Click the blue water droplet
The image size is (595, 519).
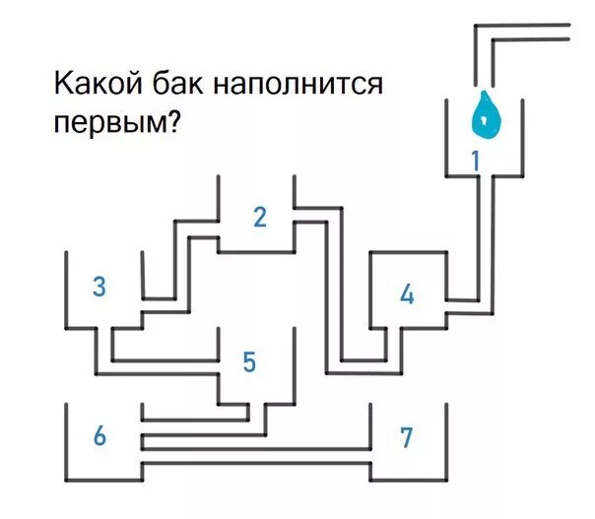click(486, 115)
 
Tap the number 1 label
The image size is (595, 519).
click(476, 159)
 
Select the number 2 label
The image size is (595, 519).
click(260, 218)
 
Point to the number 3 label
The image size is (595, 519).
click(99, 287)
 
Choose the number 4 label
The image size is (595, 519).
click(407, 293)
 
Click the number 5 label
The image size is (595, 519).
click(249, 362)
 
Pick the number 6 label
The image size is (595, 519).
click(99, 435)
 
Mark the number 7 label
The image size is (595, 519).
click(406, 437)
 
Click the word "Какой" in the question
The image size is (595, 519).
click(94, 85)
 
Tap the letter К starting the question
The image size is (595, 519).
click(61, 85)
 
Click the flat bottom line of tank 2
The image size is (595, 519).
click(256, 252)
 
